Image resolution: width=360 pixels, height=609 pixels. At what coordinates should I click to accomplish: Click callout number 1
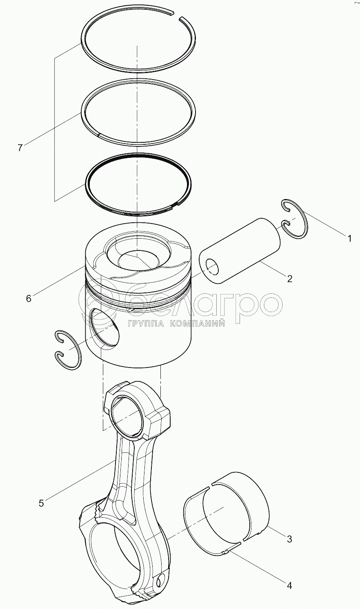pyautogui.click(x=349, y=239)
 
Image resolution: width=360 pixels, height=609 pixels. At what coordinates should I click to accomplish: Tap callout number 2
pyautogui.click(x=289, y=279)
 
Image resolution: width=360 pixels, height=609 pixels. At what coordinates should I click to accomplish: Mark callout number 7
pyautogui.click(x=20, y=148)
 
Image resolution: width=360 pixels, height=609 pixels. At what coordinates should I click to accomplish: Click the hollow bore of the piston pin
pyautogui.click(x=212, y=267)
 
